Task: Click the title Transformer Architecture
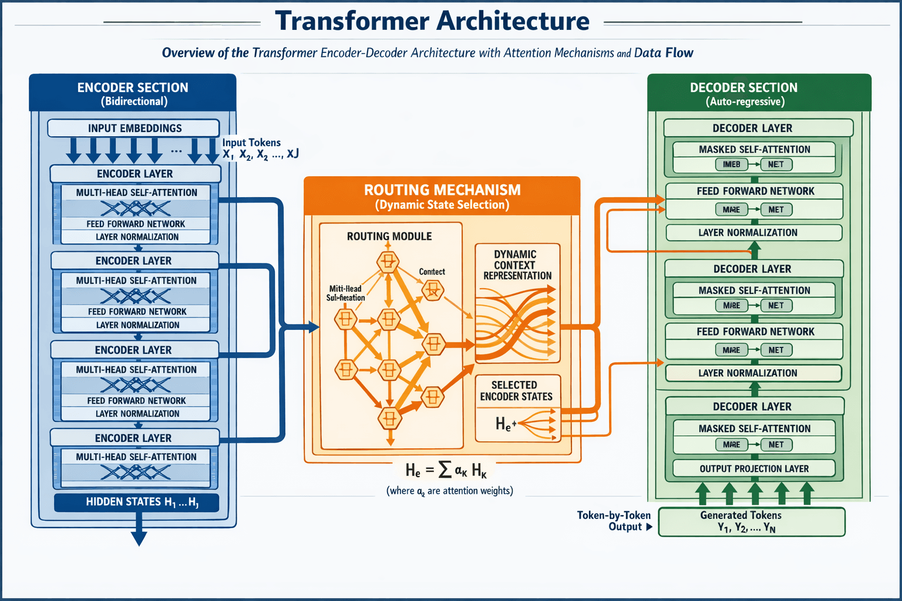432,21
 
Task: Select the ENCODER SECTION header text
133,87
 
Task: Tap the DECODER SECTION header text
743,87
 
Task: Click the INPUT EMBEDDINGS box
134,128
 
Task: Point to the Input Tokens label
251,143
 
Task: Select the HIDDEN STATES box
136,502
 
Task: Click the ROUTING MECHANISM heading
442,190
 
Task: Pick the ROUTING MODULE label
389,237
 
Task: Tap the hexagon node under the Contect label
433,289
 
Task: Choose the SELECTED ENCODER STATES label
516,391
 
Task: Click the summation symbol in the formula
445,470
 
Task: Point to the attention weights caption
449,491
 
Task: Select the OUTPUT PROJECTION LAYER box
754,468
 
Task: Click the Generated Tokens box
751,522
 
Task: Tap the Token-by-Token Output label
613,521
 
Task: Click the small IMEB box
731,164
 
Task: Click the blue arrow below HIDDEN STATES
139,532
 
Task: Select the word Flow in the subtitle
679,53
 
